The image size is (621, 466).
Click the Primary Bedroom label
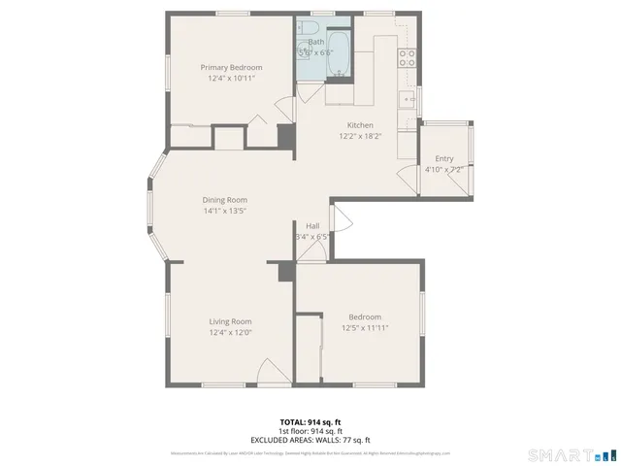click(x=231, y=67)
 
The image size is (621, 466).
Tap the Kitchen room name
click(x=360, y=125)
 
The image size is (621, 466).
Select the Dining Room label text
click(x=224, y=200)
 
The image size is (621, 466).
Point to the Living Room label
click(x=230, y=321)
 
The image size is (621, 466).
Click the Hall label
click(x=312, y=225)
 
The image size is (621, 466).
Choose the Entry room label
click(x=443, y=158)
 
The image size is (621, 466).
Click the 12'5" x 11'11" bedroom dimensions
click(x=365, y=328)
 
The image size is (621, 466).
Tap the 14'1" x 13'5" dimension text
click(x=224, y=211)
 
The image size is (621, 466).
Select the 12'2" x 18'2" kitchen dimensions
click(x=360, y=136)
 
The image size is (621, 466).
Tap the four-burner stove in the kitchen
click(x=408, y=56)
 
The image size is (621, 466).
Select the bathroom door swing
click(x=307, y=93)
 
